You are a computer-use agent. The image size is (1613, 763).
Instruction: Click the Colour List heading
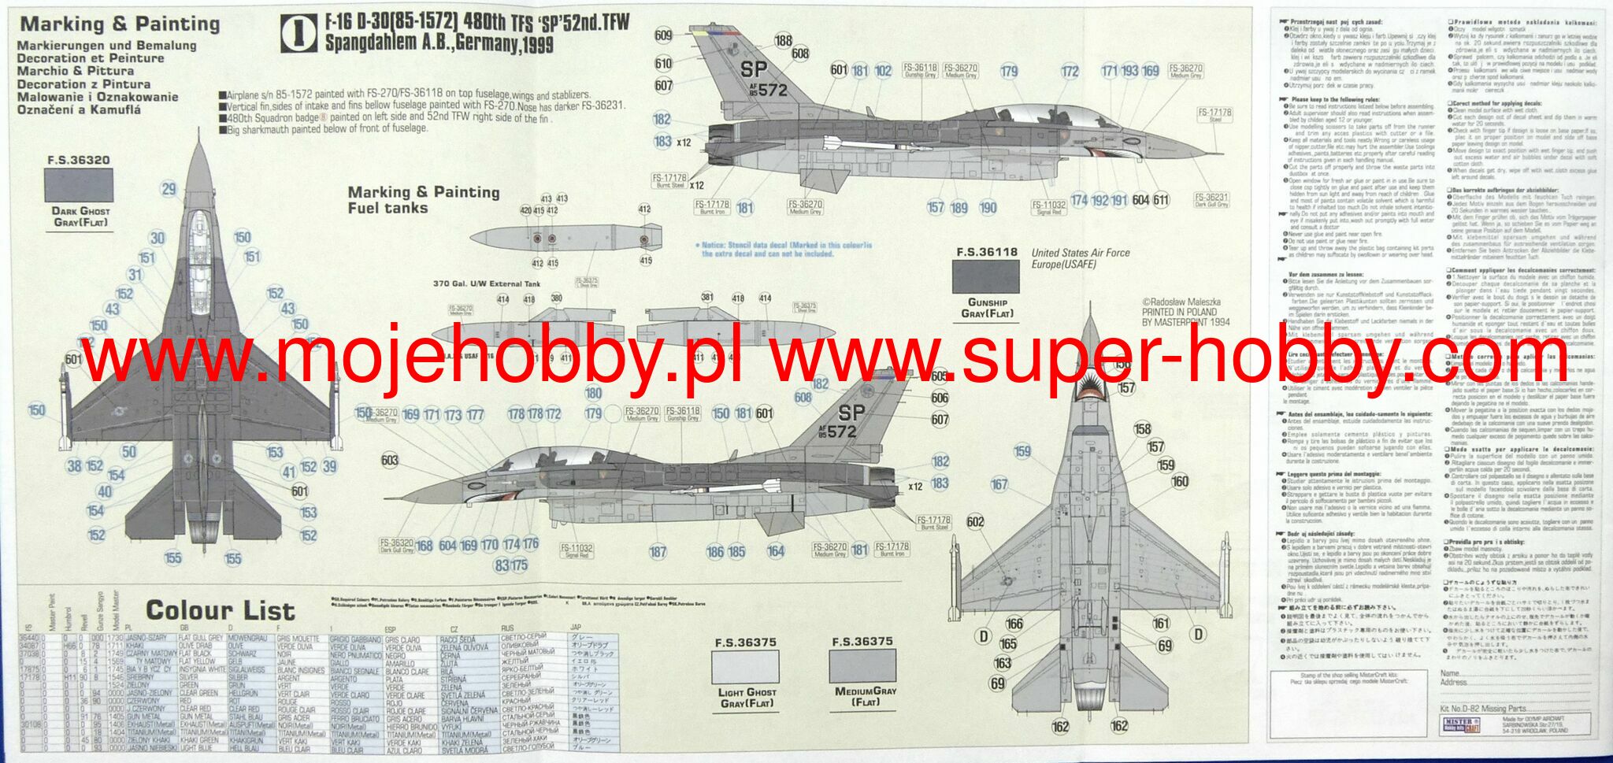click(x=220, y=610)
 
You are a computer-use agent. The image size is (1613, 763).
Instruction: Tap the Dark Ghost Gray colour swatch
click(x=80, y=187)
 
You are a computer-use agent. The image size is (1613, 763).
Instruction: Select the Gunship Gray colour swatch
click(x=986, y=276)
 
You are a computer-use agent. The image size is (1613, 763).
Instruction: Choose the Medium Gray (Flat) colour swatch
click(x=862, y=667)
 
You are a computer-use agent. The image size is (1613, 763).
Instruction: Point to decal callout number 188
click(x=783, y=41)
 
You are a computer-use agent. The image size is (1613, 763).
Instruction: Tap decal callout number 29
click(x=169, y=189)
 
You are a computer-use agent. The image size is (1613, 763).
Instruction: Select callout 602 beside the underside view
click(x=975, y=521)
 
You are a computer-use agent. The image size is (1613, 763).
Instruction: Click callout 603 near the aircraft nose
click(x=389, y=461)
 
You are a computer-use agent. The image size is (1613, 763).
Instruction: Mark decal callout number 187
click(x=658, y=552)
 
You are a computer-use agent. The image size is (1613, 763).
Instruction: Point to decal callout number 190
click(x=988, y=208)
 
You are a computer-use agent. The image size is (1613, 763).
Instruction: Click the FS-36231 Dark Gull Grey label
click(x=1211, y=200)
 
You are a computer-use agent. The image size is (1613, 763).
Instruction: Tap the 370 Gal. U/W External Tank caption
click(x=487, y=283)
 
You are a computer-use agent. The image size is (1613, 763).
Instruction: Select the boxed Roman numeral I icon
click(x=298, y=34)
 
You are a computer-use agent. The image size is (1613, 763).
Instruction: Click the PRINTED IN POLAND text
click(x=1179, y=312)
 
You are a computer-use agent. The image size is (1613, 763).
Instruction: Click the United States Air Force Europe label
click(x=1081, y=258)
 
